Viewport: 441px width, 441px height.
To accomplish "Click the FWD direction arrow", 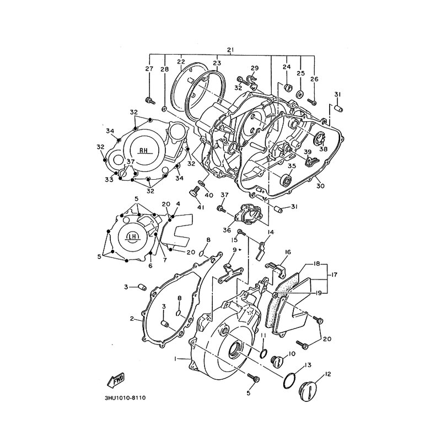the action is pos(116,380).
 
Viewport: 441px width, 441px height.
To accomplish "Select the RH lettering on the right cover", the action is pos(143,150).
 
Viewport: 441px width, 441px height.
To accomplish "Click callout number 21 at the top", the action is pos(230,50).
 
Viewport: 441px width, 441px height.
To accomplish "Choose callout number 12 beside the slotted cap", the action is pos(327,374).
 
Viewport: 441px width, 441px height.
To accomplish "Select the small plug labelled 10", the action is pos(276,361).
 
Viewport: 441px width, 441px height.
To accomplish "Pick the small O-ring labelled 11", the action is pos(263,354).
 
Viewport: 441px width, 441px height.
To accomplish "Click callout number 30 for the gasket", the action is pos(320,186).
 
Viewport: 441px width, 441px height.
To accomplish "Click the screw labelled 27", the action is pos(150,100).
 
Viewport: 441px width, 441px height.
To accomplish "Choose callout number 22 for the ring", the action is pos(181,62).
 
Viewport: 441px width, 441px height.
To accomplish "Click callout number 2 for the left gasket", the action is pos(132,319).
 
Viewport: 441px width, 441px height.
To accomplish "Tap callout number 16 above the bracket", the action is pos(288,252).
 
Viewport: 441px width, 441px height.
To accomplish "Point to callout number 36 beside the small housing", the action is pos(227,230).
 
